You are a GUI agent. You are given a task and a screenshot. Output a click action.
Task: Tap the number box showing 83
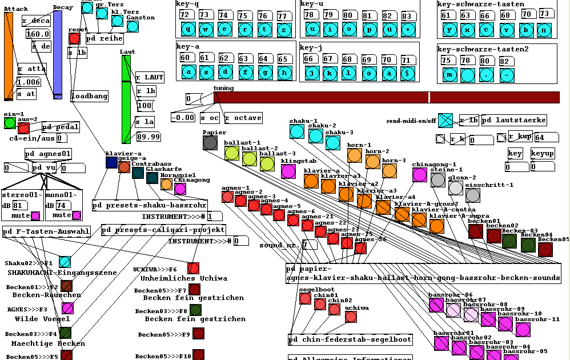tap(407, 15)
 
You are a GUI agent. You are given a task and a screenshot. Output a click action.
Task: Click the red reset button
tap(74, 38)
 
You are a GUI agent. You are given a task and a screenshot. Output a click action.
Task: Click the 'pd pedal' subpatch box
tap(60, 127)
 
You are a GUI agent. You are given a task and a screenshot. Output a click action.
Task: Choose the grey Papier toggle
tap(210, 143)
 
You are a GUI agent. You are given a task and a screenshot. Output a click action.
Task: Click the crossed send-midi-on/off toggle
tap(445, 120)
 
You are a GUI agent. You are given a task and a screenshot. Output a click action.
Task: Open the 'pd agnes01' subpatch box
tap(48, 154)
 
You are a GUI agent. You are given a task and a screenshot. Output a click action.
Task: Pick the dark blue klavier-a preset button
tap(111, 162)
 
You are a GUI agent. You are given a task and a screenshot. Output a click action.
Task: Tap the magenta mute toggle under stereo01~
tap(35, 216)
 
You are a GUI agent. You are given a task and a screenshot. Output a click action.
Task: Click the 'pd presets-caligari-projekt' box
tap(163, 230)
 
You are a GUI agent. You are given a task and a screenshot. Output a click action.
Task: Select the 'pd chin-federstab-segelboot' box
tap(350, 339)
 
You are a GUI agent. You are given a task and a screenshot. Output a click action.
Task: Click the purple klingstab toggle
tap(288, 171)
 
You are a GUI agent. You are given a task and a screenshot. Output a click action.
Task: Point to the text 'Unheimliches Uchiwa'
tap(184, 278)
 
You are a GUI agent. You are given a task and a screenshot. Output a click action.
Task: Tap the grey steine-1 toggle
tap(438, 180)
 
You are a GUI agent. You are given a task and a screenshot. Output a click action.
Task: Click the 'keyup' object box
tap(542, 154)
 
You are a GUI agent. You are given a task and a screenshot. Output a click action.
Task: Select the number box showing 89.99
tap(147, 137)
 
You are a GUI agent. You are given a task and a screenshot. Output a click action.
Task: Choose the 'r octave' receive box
tap(243, 118)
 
